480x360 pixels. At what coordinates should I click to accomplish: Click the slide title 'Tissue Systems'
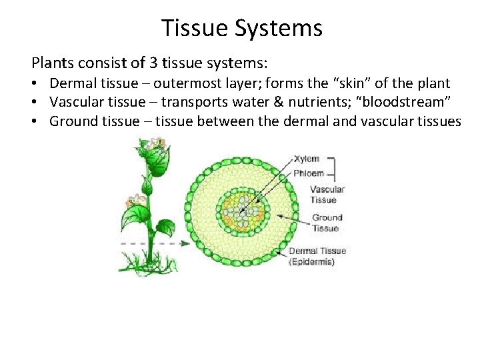(x=241, y=28)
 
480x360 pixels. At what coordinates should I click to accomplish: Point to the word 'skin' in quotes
(x=361, y=84)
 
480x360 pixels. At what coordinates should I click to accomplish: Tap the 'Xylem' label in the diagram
(x=307, y=159)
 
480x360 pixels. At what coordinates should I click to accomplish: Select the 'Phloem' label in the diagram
(x=309, y=173)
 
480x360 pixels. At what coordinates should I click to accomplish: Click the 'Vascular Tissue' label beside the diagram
(x=327, y=193)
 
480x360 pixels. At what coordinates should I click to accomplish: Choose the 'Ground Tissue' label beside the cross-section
(x=327, y=223)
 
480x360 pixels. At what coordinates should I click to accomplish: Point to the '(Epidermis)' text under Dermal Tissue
(x=311, y=261)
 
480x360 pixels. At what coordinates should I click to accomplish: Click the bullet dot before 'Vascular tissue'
(x=37, y=103)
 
